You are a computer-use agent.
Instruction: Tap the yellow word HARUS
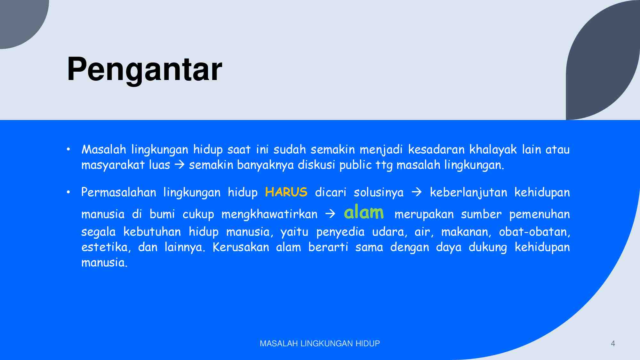(x=286, y=192)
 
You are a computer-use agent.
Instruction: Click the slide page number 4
(x=613, y=343)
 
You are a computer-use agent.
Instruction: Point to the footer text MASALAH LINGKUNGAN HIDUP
(x=320, y=343)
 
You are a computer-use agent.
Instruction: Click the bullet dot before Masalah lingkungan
(x=68, y=149)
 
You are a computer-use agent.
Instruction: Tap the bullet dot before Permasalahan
(x=68, y=192)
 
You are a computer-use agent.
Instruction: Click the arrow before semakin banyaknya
(x=180, y=165)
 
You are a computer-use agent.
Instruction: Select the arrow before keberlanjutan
(x=416, y=192)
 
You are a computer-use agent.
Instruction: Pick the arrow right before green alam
(x=330, y=214)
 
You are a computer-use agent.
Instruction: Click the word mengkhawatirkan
(x=269, y=214)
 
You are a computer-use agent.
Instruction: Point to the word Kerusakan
(x=241, y=247)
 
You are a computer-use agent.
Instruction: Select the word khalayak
(x=493, y=150)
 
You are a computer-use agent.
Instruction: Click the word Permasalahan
(x=118, y=192)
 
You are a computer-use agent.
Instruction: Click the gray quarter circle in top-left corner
(x=19, y=19)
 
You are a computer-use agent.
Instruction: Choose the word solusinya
(x=379, y=192)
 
